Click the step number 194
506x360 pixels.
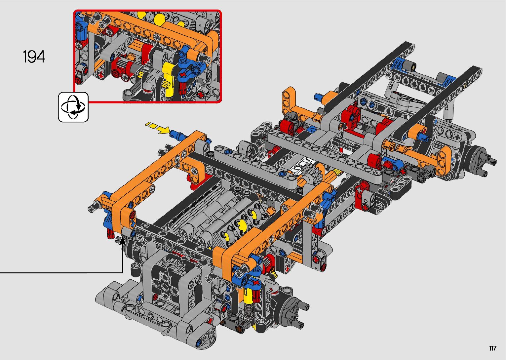[34, 57]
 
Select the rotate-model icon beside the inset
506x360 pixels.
[73, 107]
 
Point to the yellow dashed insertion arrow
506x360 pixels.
[158, 127]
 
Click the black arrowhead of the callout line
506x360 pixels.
[123, 241]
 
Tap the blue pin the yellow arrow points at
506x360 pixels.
[179, 135]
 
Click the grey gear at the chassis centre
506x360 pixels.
[313, 172]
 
